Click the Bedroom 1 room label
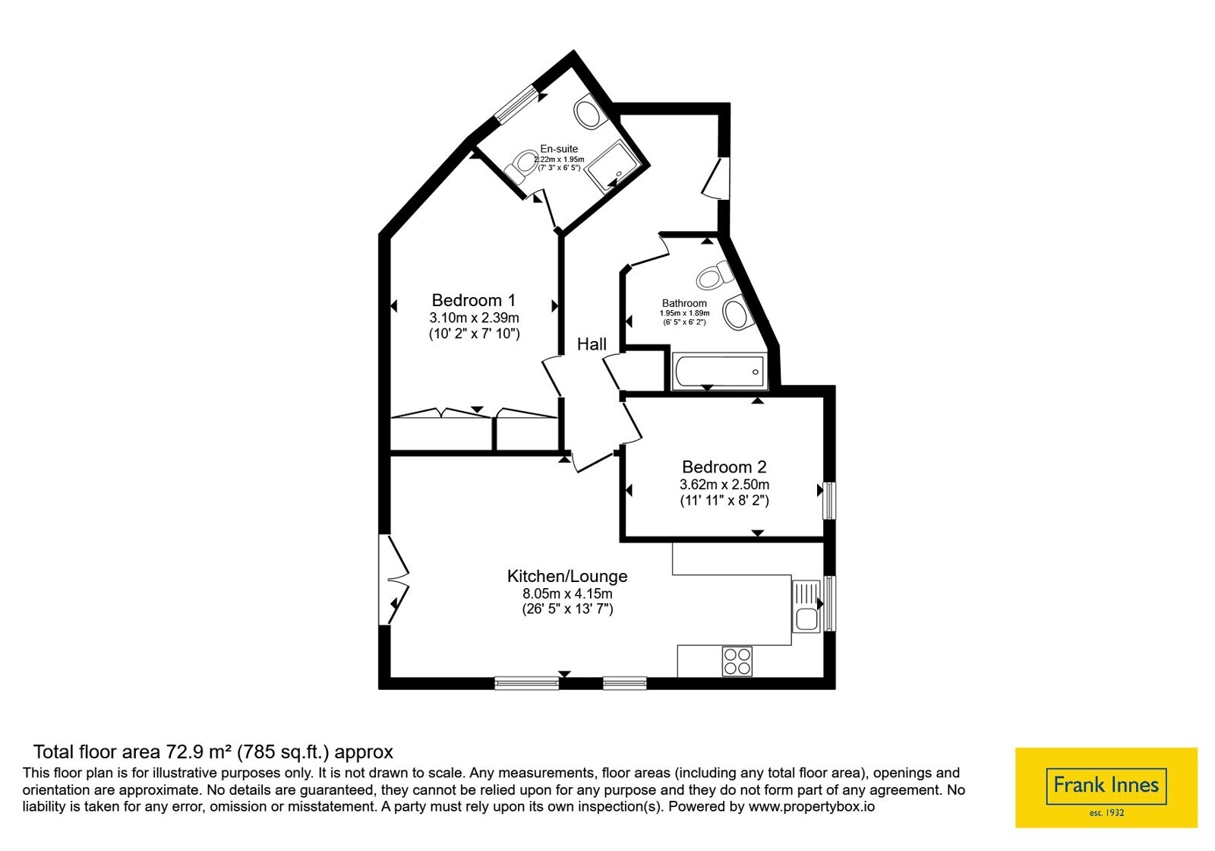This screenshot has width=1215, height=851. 474,300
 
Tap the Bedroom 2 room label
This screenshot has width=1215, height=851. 724,467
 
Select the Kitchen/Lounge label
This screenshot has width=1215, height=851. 566,576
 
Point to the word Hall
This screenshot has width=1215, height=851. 592,344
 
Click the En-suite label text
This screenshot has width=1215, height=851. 559,149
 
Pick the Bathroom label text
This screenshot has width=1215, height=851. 684,303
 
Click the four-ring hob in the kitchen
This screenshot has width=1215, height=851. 737,661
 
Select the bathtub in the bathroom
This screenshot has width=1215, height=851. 720,372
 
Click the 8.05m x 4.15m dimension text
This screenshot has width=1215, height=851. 567,593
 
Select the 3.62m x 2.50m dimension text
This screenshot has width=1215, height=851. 724,484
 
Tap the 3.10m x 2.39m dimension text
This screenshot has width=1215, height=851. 474,318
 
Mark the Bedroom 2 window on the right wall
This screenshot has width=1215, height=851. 829,501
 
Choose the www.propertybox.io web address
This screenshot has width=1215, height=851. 812,806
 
